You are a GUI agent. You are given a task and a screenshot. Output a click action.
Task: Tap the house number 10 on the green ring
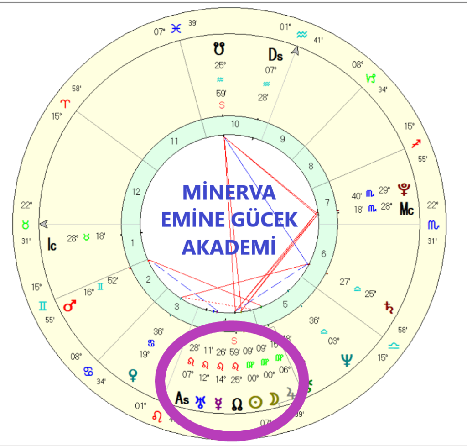tap(235, 124)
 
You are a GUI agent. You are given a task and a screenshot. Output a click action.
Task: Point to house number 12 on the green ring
tap(136, 192)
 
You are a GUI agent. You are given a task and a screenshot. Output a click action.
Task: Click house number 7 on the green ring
tap(327, 203)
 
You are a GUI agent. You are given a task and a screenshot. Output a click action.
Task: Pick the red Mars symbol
tap(70, 306)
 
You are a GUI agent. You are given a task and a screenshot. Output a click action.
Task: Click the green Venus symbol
tap(134, 375)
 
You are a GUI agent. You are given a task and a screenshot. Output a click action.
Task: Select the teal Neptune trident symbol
tap(347, 360)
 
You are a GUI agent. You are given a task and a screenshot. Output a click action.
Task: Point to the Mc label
tap(407, 209)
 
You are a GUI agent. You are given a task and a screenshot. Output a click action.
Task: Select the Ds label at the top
tap(275, 55)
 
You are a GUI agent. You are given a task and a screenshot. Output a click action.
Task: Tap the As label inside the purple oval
tap(182, 398)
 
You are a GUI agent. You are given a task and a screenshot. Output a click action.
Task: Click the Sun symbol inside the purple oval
tap(255, 402)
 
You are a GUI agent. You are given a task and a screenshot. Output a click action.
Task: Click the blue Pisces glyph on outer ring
tap(176, 28)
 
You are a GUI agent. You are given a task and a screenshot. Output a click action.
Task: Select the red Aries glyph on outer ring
tap(67, 103)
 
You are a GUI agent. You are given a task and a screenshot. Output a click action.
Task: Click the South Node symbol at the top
tap(220, 48)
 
